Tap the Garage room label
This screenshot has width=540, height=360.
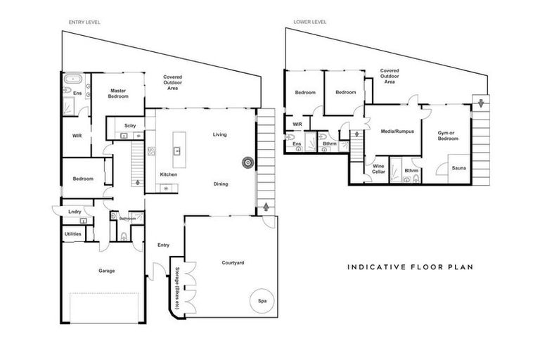(106, 270)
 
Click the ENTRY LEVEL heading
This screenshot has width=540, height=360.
(84, 22)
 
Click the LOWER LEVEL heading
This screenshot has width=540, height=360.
(311, 22)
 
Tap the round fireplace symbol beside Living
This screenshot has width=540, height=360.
(247, 162)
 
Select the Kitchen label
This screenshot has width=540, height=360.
(168, 174)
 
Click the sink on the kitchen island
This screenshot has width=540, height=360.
(178, 150)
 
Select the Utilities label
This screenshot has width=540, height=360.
(72, 233)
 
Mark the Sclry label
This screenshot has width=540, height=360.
(129, 126)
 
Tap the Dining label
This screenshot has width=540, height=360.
(221, 184)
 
